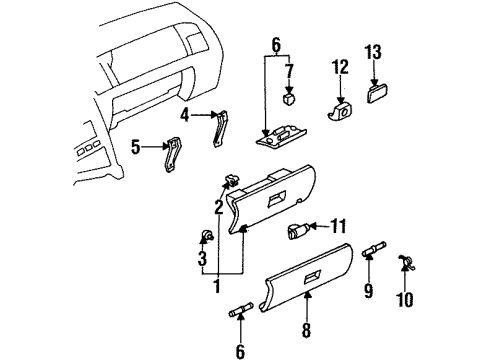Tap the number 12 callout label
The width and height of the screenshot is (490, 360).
pyautogui.click(x=341, y=67)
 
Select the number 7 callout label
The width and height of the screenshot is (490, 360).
pyautogui.click(x=289, y=71)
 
